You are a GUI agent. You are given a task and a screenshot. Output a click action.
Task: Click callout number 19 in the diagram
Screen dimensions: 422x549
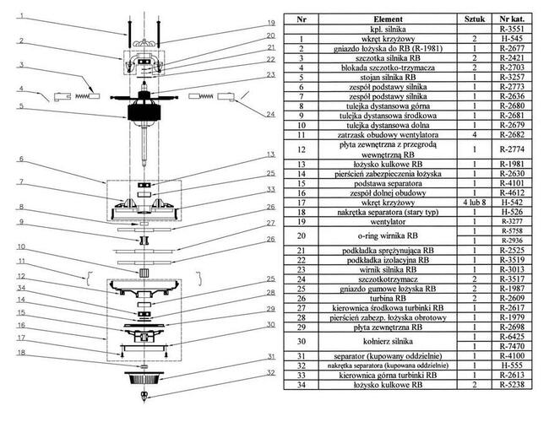tap(271, 22)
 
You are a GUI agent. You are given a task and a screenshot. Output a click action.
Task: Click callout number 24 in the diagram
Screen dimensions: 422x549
tap(271, 113)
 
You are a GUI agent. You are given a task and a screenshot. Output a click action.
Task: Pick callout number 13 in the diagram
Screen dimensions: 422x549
tap(271, 154)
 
